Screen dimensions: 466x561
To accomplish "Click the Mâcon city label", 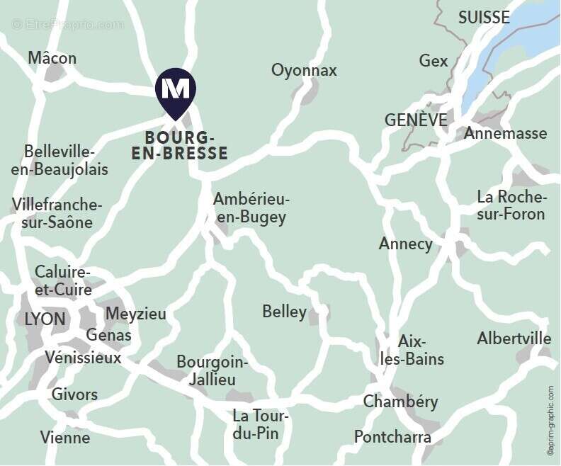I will [x=52, y=58].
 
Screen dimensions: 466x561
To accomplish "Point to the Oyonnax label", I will [x=304, y=70].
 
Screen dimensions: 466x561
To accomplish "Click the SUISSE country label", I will [x=484, y=18].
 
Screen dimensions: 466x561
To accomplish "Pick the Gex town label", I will [x=433, y=61].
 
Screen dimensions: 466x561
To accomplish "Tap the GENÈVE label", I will [x=416, y=120].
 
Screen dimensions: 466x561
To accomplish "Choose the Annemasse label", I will [x=505, y=133].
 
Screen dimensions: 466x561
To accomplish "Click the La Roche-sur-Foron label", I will [x=511, y=205].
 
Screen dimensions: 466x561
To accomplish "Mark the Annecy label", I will [x=405, y=244].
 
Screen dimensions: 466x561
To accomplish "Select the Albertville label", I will [x=514, y=338].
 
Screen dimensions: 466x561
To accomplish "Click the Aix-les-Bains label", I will [x=412, y=350].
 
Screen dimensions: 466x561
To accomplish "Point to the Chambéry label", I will [x=400, y=402].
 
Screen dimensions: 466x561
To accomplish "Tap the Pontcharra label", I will [x=392, y=436].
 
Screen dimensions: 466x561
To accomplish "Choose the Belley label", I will [x=284, y=312].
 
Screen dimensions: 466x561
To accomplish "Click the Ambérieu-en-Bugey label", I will [x=251, y=208].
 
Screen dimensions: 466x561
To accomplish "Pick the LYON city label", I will [x=45, y=319].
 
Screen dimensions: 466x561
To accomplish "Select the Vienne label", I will [x=65, y=437].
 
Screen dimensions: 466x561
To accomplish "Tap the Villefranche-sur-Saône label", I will [x=57, y=213].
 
